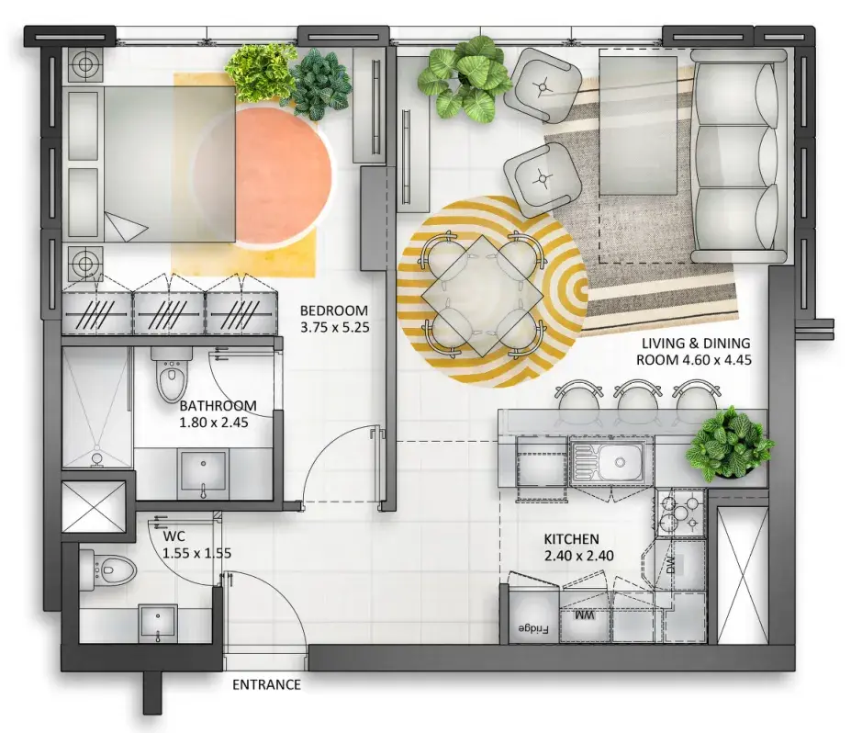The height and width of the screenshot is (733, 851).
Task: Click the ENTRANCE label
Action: point(266,684)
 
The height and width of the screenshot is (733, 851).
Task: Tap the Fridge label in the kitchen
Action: point(533,629)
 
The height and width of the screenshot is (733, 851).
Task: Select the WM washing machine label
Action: point(584,615)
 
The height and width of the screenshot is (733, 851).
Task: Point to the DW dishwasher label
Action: point(671,565)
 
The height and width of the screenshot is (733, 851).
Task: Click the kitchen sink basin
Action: point(621,462)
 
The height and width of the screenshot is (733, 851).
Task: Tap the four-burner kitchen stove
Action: point(679,513)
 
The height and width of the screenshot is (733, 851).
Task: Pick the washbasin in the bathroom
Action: point(203,469)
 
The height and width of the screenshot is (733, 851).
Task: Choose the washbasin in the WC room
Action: point(158,624)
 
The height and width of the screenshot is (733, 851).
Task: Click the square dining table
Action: point(482,296)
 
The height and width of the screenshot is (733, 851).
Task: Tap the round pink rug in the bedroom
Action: point(263,175)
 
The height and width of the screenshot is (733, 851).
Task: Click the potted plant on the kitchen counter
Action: point(730,444)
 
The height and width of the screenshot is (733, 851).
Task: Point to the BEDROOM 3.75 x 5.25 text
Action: point(334,319)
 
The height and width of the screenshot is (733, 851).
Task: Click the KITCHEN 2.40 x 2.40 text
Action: point(578,547)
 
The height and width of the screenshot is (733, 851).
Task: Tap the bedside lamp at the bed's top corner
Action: point(85,64)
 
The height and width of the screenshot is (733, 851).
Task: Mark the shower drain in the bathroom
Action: point(96,458)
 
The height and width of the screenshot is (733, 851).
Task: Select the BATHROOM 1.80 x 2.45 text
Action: point(218,413)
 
